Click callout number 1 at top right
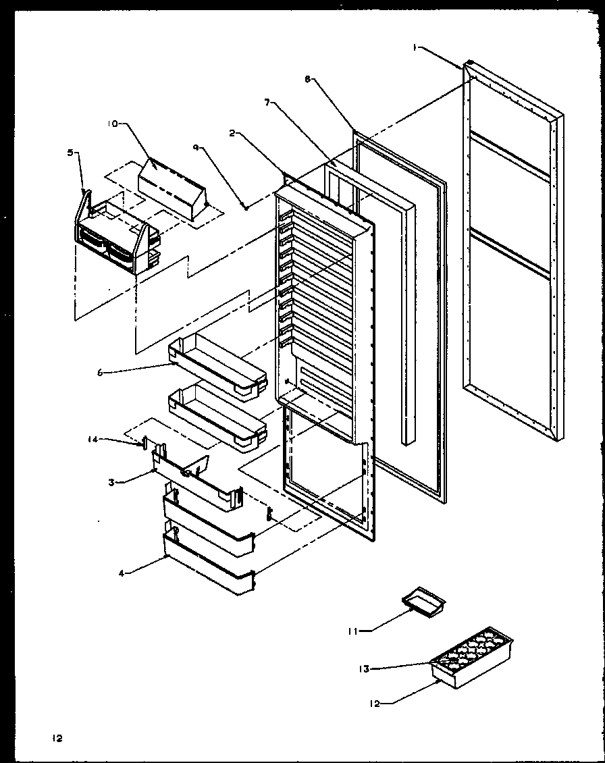(417, 47)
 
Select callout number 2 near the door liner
(232, 134)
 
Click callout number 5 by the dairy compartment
(72, 153)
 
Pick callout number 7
(268, 102)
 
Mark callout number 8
(308, 79)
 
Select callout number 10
(112, 124)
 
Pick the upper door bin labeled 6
(216, 368)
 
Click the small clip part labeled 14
(144, 443)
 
